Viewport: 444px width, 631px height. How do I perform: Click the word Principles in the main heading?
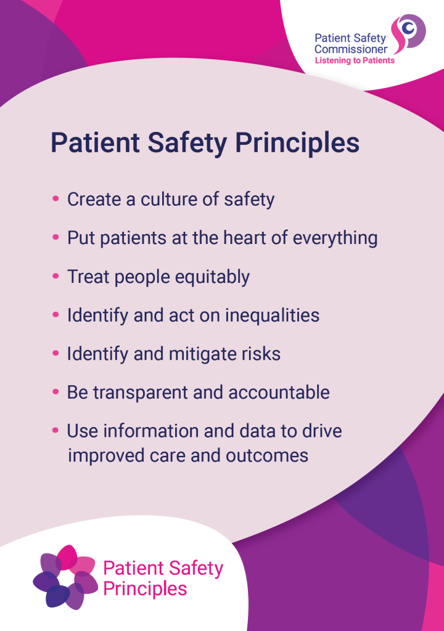pyautogui.click(x=297, y=143)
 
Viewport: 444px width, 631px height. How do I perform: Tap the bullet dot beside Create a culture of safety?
pyautogui.click(x=56, y=198)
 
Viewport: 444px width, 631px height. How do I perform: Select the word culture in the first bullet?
pyautogui.click(x=169, y=199)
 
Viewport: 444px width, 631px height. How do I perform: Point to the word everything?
pyautogui.click(x=335, y=238)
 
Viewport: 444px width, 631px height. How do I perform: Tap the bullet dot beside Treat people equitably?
pyautogui.click(x=56, y=275)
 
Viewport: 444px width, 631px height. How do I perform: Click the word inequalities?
pyautogui.click(x=272, y=315)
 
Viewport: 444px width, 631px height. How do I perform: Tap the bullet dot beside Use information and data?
pyautogui.click(x=56, y=430)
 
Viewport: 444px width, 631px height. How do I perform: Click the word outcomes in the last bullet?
pyautogui.click(x=267, y=456)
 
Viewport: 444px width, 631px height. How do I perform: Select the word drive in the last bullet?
pyautogui.click(x=322, y=431)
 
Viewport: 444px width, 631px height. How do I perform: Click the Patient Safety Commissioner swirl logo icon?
pyautogui.click(x=408, y=34)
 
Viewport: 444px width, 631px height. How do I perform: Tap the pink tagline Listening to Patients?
pyautogui.click(x=355, y=61)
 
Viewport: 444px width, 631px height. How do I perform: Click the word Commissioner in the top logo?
pyautogui.click(x=350, y=49)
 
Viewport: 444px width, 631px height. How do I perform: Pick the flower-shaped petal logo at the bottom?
pyautogui.click(x=65, y=576)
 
